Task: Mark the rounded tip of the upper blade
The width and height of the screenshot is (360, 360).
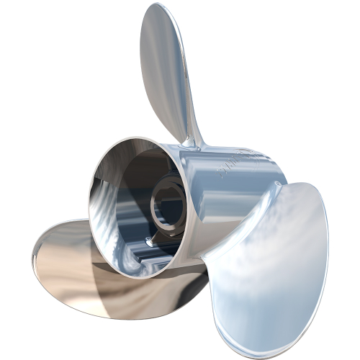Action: (162, 10)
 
